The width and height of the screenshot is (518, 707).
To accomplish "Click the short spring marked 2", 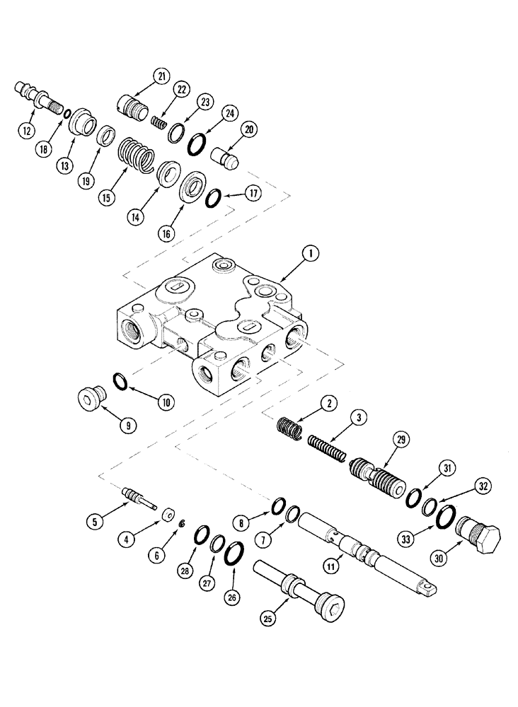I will [289, 429].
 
